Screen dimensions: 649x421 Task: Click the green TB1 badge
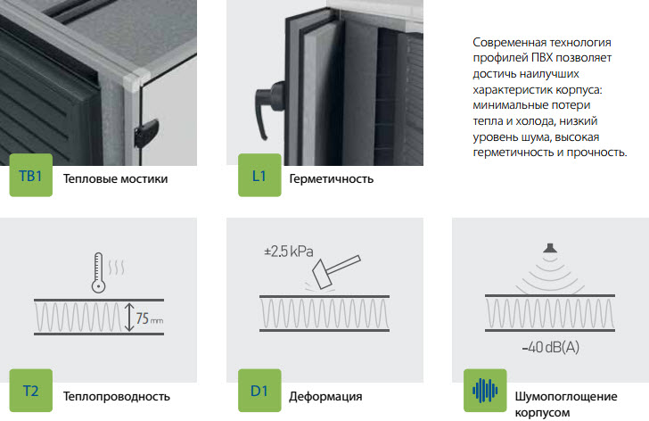[x=31, y=175]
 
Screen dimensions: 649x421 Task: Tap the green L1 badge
[x=259, y=175]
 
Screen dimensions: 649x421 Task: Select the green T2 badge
[x=31, y=391]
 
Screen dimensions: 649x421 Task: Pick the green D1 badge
[x=259, y=391]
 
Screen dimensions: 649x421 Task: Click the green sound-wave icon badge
[x=485, y=391]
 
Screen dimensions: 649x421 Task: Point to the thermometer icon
[x=98, y=272]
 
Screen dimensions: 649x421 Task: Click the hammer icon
[x=336, y=271]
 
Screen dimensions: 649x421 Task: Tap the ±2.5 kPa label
[x=289, y=252]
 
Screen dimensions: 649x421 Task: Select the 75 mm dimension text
[x=150, y=318]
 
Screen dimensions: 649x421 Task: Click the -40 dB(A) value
[x=551, y=347]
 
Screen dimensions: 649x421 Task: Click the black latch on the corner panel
[x=146, y=133]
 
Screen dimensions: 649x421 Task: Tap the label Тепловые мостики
[x=116, y=178]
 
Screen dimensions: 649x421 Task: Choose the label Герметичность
[x=331, y=178]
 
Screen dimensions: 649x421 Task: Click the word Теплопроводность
[x=117, y=397]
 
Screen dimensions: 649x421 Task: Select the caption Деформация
[x=325, y=397]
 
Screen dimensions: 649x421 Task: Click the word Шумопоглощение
[x=566, y=397]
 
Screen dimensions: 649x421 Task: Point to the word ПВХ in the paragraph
[x=541, y=58]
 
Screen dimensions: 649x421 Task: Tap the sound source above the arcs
[x=550, y=248]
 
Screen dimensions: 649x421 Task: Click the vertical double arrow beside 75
[x=129, y=318]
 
